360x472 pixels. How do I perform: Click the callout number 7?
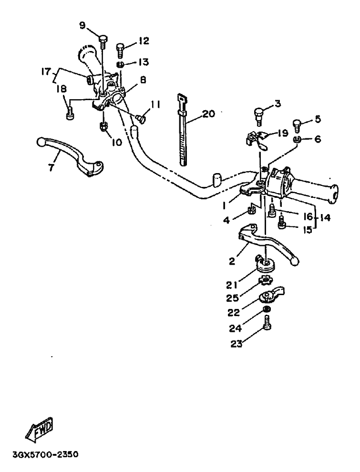[x=51, y=168]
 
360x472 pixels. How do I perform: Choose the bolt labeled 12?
[x=121, y=49]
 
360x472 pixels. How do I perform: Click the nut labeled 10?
[x=103, y=127]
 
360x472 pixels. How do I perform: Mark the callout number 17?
[x=46, y=72]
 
